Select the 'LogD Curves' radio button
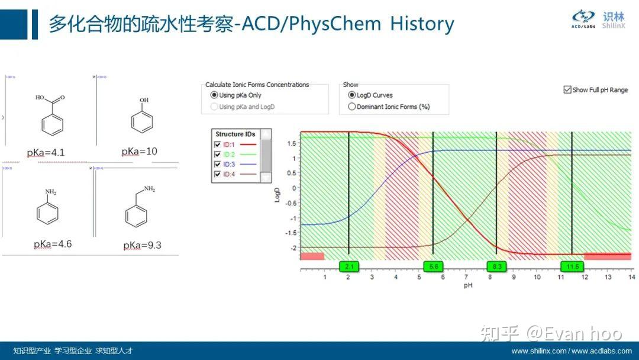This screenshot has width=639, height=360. [352, 95]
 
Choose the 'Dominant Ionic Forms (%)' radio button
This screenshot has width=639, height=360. [352, 107]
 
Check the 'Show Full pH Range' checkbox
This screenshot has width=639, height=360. [567, 90]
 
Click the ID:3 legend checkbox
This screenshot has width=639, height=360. [218, 164]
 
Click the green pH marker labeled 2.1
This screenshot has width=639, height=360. [349, 266]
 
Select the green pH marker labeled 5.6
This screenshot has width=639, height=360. [434, 266]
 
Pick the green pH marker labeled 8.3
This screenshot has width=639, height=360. [497, 266]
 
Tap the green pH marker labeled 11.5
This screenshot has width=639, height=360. [572, 266]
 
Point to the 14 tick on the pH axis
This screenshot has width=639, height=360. [631, 277]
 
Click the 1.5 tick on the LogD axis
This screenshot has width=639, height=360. [292, 143]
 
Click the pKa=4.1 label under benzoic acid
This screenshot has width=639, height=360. [46, 153]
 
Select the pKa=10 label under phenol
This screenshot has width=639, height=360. [140, 152]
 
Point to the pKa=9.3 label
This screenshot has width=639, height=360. [143, 245]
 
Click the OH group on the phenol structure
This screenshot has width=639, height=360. [144, 101]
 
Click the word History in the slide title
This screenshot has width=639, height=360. [422, 24]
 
